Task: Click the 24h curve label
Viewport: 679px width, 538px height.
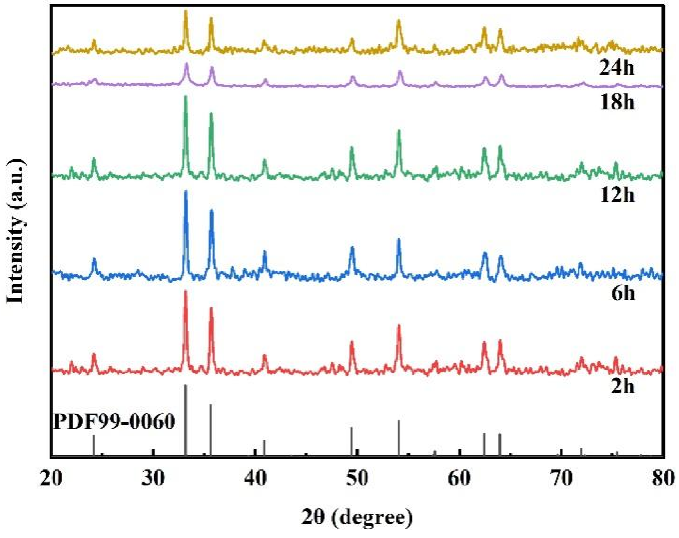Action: tap(616, 68)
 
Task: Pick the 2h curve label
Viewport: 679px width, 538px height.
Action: tap(622, 386)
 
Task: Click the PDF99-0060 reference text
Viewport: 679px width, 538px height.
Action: tap(114, 422)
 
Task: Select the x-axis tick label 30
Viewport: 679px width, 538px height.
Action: tap(154, 478)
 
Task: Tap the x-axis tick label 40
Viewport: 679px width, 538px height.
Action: tap(255, 478)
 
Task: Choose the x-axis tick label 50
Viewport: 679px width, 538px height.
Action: tap(357, 478)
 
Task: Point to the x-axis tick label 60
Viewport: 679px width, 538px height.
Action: tap(459, 478)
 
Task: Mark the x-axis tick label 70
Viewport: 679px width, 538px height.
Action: tap(561, 478)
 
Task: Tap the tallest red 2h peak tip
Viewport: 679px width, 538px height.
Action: tap(186, 292)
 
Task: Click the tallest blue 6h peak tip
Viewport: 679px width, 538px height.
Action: tap(186, 191)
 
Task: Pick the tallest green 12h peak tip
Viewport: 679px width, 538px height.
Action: tap(186, 97)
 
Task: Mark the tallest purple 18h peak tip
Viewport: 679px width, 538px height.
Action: tap(187, 64)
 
